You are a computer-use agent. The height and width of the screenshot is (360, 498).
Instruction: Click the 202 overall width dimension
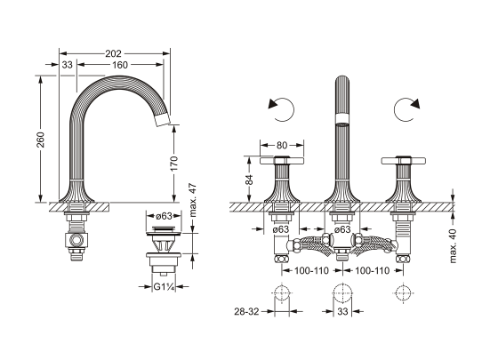[x=114, y=53]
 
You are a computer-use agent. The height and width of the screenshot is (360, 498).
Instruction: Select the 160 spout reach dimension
[x=120, y=65]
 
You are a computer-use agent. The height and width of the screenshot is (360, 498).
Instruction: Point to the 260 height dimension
[x=41, y=140]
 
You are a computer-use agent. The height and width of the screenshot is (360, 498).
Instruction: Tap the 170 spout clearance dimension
[x=174, y=164]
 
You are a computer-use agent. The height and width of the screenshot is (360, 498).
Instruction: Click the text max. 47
[x=193, y=200]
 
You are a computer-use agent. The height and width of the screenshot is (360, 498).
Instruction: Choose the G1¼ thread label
[x=164, y=287]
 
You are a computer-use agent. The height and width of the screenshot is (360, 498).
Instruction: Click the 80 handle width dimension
[x=282, y=145]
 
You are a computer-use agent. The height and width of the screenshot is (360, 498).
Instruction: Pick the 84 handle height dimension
[x=250, y=180]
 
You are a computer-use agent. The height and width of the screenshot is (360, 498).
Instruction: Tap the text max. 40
[x=453, y=246]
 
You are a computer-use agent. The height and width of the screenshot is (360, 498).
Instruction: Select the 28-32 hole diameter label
[x=246, y=311]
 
